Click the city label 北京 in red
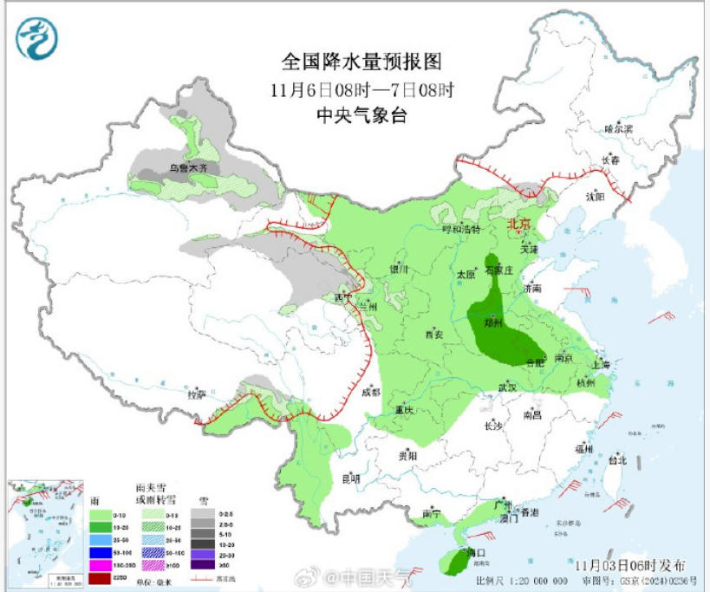click(517, 224)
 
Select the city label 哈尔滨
click(618, 128)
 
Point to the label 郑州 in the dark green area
click(493, 321)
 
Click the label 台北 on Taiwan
click(617, 460)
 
